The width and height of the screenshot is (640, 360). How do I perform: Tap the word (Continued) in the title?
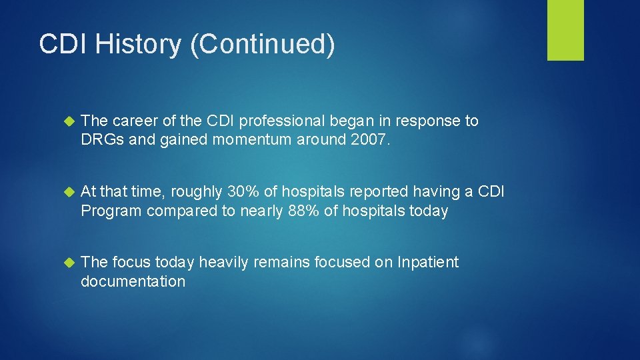[262, 45]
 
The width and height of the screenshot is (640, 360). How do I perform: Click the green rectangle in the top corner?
[565, 30]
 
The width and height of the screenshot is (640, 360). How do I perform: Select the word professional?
[283, 121]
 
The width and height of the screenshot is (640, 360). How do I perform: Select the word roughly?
[197, 192]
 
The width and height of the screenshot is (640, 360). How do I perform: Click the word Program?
[111, 211]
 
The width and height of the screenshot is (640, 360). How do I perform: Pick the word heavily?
[223, 263]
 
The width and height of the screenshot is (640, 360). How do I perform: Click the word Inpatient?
[427, 263]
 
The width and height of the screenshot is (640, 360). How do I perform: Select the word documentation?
[133, 281]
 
